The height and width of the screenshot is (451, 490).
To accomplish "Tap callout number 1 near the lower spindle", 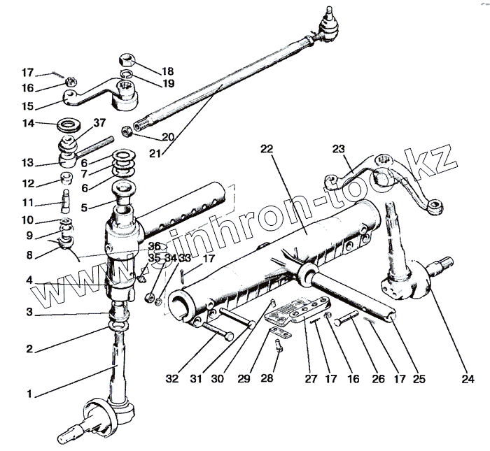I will coord(29,394).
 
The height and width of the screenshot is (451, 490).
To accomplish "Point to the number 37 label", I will coord(99,124).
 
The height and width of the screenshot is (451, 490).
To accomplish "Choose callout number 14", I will coord(28,124).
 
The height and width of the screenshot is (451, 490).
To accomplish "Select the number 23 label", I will coord(339,149).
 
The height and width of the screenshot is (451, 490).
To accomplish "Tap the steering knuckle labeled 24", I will coord(407,280).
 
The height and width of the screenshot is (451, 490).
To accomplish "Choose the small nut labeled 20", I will coord(127,130).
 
